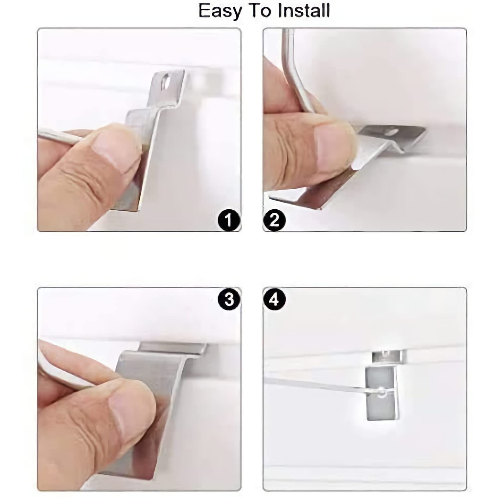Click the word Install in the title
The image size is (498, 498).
[x=303, y=11]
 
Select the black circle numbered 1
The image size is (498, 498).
[x=229, y=220]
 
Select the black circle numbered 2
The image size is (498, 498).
[x=274, y=220]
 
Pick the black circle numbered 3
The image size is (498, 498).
[x=229, y=299]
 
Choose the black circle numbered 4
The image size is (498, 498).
[x=274, y=299]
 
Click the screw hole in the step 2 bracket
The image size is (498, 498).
[x=392, y=132]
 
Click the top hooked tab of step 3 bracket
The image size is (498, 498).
[x=173, y=348]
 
